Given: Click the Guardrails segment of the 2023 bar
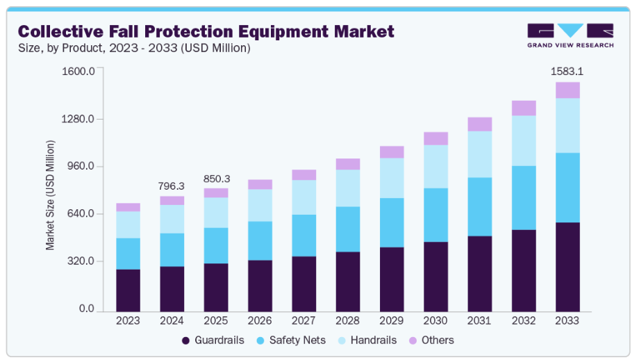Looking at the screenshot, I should (128, 289).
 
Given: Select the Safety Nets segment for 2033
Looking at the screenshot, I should (567, 187).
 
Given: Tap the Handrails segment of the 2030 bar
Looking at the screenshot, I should (435, 166).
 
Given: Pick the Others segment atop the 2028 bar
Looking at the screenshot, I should (348, 164).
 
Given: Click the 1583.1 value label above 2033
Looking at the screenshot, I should (567, 71).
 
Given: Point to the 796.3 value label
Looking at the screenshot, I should (172, 186).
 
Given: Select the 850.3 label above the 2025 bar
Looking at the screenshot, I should (216, 179).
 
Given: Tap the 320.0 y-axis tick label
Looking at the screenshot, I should (80, 261).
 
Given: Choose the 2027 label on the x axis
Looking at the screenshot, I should (304, 321).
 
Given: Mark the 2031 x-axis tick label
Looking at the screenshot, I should (479, 321).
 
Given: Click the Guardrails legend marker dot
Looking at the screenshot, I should (186, 341).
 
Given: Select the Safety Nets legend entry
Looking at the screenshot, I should (286, 341).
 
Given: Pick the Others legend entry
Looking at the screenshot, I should (431, 341).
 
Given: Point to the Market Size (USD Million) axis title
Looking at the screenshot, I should (51, 195).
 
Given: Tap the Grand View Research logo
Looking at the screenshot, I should (570, 35).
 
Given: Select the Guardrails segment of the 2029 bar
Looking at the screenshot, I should (392, 278).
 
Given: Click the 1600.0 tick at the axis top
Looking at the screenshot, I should (78, 71).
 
